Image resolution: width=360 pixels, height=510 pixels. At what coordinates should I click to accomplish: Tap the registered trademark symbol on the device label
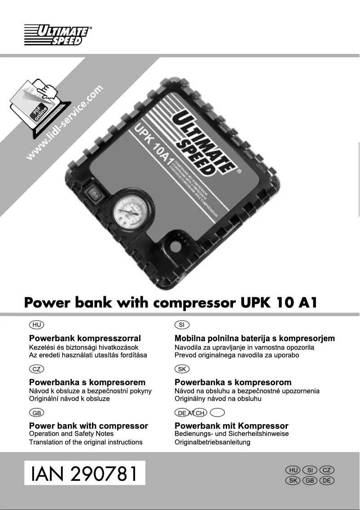(239, 171)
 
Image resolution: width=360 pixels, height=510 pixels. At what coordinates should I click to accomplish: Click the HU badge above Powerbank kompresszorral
(36, 325)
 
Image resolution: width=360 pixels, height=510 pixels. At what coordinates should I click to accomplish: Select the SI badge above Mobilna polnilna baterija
(182, 325)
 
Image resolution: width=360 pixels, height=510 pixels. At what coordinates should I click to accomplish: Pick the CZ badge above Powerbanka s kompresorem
(36, 369)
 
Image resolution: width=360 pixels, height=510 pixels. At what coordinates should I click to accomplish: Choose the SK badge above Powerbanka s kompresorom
(182, 369)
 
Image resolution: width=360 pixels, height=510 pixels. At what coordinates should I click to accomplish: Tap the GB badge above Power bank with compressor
(36, 413)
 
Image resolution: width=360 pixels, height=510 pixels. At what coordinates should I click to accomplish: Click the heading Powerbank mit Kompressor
(231, 426)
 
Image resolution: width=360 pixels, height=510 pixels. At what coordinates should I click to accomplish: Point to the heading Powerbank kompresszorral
(85, 338)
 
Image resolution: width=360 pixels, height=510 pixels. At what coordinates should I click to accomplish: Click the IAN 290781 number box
(85, 473)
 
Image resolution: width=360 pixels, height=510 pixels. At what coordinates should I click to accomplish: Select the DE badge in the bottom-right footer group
(326, 481)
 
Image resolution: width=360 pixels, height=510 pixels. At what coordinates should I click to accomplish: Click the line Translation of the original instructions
(86, 442)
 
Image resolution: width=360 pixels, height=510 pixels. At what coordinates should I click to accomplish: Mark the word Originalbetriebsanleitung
(212, 442)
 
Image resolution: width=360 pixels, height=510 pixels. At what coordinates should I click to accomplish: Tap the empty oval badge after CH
(217, 413)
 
